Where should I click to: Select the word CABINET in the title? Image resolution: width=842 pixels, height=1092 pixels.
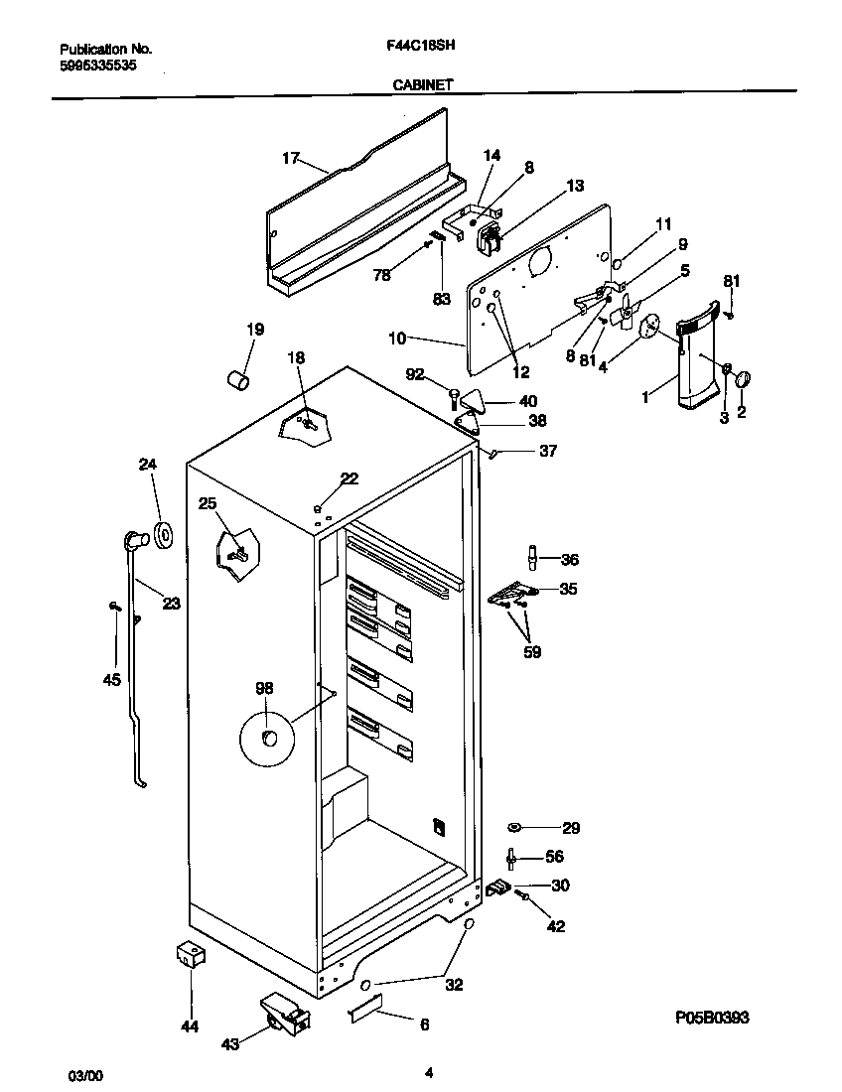click(423, 85)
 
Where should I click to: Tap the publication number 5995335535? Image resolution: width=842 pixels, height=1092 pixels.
click(98, 65)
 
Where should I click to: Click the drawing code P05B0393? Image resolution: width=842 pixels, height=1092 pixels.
click(712, 1018)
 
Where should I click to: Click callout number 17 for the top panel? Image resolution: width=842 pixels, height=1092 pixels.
click(290, 158)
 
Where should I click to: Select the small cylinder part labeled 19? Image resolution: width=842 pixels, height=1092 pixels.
click(236, 380)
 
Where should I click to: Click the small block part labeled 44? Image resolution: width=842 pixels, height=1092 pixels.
click(189, 955)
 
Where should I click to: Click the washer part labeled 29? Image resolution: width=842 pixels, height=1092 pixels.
click(514, 827)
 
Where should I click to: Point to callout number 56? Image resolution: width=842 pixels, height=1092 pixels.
click(554, 857)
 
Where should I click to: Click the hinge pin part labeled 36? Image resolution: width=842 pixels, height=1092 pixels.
click(533, 559)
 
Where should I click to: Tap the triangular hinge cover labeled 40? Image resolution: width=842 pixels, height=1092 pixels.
click(476, 401)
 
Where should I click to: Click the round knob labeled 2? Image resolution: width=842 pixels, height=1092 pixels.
click(744, 377)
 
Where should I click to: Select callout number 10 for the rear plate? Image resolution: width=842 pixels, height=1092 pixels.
click(397, 339)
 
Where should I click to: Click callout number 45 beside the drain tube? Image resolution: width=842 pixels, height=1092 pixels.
click(112, 680)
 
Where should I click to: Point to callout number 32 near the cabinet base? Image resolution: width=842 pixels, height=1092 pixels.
click(454, 986)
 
